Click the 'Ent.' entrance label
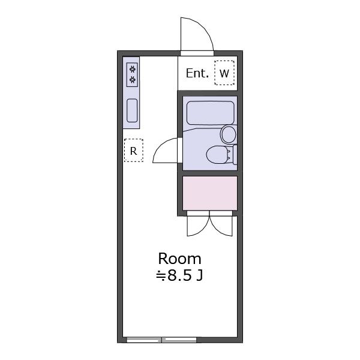[197, 73]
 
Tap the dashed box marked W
[224, 73]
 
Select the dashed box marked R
[134, 151]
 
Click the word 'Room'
[179, 259]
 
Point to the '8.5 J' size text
[185, 275]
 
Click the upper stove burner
[132, 68]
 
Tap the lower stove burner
[132, 80]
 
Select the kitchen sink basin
[132, 110]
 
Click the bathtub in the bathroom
[211, 113]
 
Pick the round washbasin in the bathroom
[229, 134]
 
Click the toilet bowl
[218, 155]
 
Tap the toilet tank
[235, 155]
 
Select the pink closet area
[210, 193]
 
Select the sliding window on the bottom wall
[161, 340]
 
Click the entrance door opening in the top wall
[197, 53]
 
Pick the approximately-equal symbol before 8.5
[161, 276]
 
